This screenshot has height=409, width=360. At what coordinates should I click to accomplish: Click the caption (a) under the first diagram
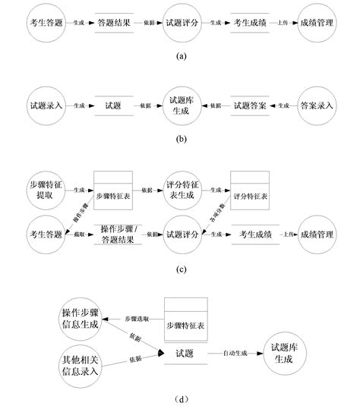pyautogui.click(x=180, y=56)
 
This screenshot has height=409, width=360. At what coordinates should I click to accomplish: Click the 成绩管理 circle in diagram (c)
pyautogui.click(x=317, y=234)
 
